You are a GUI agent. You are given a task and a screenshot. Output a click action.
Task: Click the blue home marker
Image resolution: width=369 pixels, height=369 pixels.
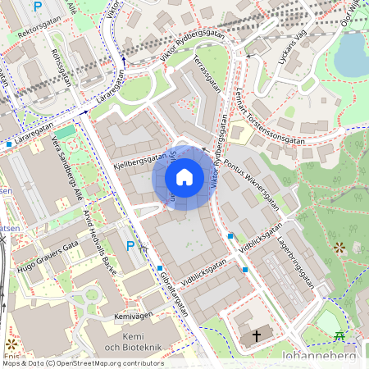184,177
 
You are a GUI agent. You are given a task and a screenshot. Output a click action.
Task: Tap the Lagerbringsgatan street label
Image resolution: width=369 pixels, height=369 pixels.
296,259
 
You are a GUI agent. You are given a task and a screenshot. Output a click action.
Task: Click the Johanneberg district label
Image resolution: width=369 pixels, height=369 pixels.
321,358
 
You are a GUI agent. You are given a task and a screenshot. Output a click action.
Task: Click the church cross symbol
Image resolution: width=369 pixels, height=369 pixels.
257,336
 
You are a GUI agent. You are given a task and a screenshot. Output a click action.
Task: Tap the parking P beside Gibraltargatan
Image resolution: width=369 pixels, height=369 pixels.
130,245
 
